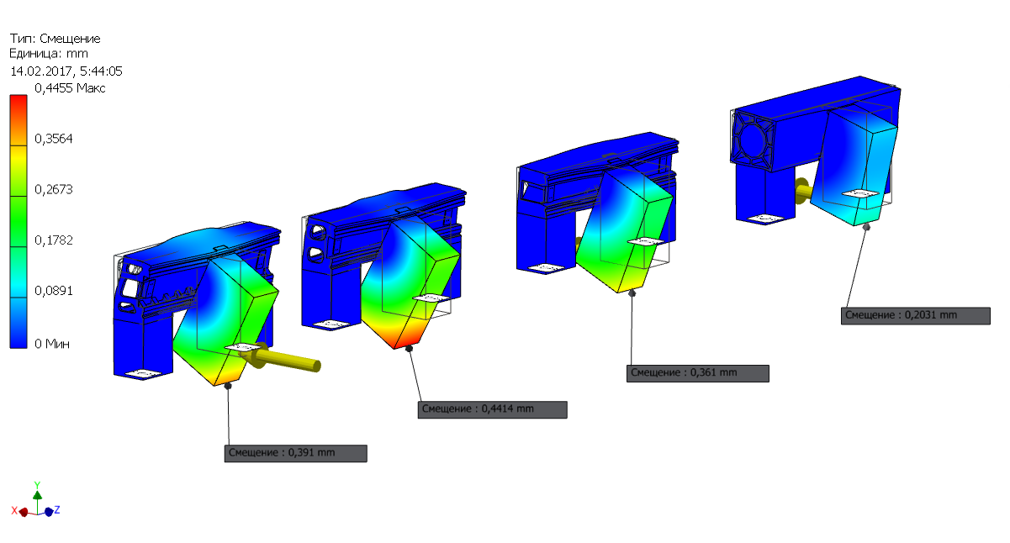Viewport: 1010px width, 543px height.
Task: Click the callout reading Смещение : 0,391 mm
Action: click(296, 453)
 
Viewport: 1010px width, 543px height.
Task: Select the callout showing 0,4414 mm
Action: click(492, 409)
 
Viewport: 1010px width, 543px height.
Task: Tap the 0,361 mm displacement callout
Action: click(698, 373)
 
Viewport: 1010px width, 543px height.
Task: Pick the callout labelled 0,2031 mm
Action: click(916, 316)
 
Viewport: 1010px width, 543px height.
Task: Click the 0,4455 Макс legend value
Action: click(70, 88)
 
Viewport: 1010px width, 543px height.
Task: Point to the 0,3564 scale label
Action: click(54, 139)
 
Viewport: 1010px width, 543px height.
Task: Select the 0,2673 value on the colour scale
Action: click(54, 189)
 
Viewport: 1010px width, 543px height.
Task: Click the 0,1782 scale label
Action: click(54, 240)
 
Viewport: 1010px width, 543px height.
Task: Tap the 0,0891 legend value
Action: click(54, 291)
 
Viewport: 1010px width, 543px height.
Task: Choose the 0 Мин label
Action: click(52, 344)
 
